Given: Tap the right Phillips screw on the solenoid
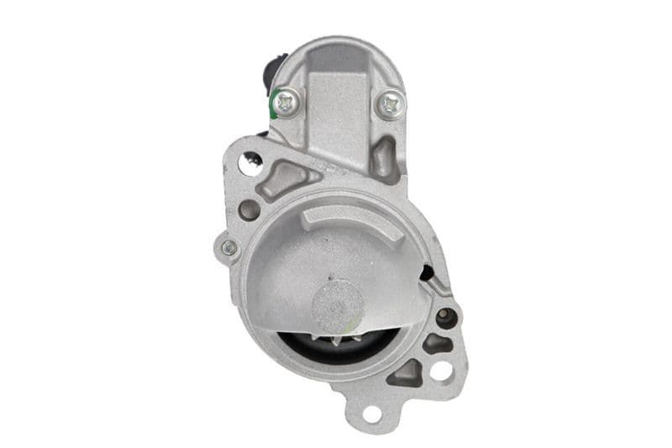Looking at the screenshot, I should coord(391,103).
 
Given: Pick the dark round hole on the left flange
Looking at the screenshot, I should coord(249,209).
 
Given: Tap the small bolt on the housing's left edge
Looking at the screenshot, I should coord(228,248).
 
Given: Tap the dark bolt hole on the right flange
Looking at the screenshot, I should coord(445,318).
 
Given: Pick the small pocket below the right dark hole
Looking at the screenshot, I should coord(438,343).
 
